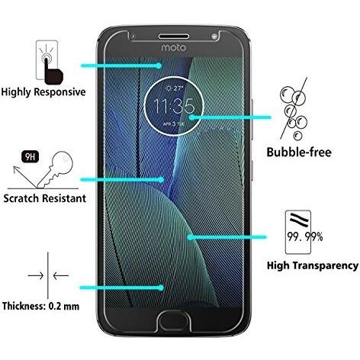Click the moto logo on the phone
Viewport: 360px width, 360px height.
[x=173, y=48]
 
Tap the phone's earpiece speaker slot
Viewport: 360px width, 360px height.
[x=174, y=37]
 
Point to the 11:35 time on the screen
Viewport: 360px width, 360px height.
[x=174, y=106]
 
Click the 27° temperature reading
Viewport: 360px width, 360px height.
[x=175, y=88]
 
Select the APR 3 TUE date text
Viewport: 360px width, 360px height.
[x=174, y=124]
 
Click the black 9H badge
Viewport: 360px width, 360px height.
[x=31, y=157]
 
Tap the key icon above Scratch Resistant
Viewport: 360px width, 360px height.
[x=55, y=169]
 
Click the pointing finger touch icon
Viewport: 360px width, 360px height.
[x=51, y=69]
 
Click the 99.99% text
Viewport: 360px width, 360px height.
[x=305, y=237]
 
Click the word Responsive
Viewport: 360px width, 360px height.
[x=59, y=92]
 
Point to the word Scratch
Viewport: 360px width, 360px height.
[x=21, y=198]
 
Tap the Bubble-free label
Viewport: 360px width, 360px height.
[x=299, y=153]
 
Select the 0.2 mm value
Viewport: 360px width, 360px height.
[x=64, y=306]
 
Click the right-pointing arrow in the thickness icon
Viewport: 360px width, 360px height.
[x=36, y=275]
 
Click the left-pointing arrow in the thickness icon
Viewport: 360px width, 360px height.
[x=61, y=275]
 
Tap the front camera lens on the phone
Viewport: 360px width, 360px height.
[x=215, y=37]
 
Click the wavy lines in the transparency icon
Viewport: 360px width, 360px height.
[x=300, y=220]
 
